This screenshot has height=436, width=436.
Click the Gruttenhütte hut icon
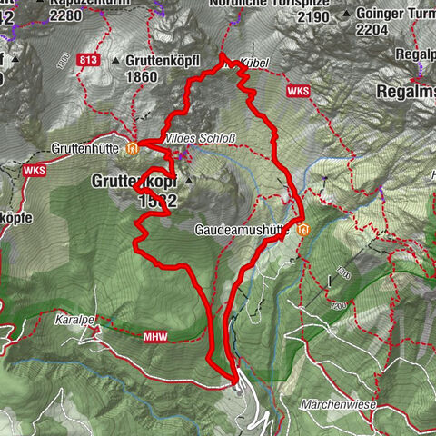point(134,147)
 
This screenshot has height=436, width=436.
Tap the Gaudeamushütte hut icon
point(302,229)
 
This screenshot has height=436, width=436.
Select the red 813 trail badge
point(88,61)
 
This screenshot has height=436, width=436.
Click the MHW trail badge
point(131,337)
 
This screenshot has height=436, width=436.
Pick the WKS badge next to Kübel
point(298,92)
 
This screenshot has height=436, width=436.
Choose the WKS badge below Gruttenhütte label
point(35,169)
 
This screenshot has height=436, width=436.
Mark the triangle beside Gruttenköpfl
point(116,61)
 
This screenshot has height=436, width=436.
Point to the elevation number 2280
point(66,15)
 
